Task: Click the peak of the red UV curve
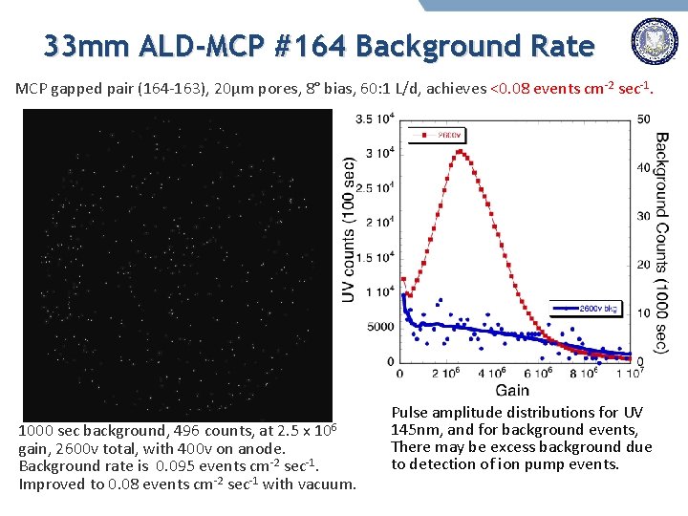462,150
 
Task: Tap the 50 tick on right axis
645,118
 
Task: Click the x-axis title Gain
513,390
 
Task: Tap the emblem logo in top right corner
655,44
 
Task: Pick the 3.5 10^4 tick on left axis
374,118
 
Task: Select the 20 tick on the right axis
645,265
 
